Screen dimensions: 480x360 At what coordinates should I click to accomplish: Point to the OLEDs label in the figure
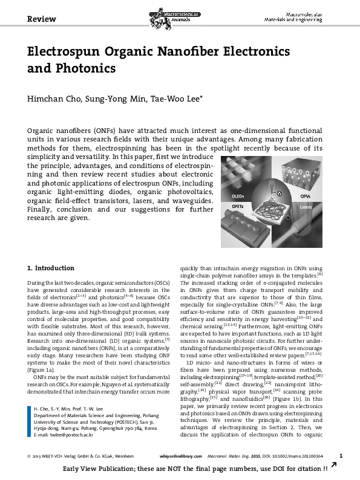[240, 196]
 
